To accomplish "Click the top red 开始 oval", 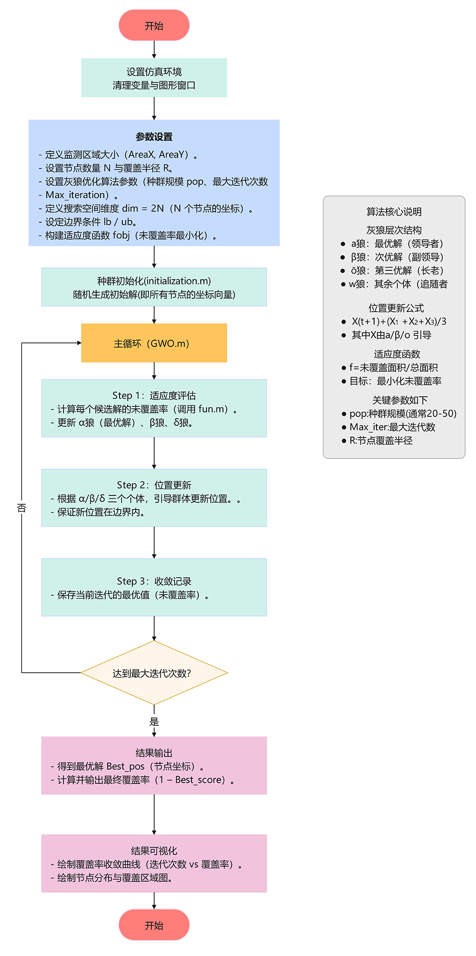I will (154, 26).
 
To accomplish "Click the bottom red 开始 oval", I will (154, 925).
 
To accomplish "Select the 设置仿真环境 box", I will (154, 78).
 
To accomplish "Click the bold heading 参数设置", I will (154, 137).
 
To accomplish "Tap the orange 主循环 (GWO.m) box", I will (154, 343).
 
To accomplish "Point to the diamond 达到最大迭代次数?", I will (154, 673).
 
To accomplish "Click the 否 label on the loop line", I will (21, 508).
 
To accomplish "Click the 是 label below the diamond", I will (154, 721).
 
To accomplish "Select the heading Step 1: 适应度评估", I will (154, 395).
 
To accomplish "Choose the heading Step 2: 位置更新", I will (154, 485).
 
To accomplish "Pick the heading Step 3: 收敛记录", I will (154, 581).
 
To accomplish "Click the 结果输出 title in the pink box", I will (154, 753).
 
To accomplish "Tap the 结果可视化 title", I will (154, 850).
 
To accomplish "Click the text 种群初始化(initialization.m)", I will (154, 281).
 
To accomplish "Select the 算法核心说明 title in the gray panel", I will (394, 212).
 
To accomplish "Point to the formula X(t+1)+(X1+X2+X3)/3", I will (399, 322).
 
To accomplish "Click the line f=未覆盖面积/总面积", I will (393, 367).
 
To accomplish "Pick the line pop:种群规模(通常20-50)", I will (403, 414).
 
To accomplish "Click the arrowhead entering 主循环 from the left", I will (79, 343).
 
